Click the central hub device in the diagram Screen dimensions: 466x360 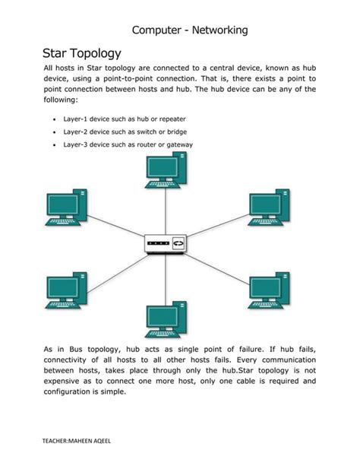166,243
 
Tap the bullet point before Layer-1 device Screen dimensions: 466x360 54,120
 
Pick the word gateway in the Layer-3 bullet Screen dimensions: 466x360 178,144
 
